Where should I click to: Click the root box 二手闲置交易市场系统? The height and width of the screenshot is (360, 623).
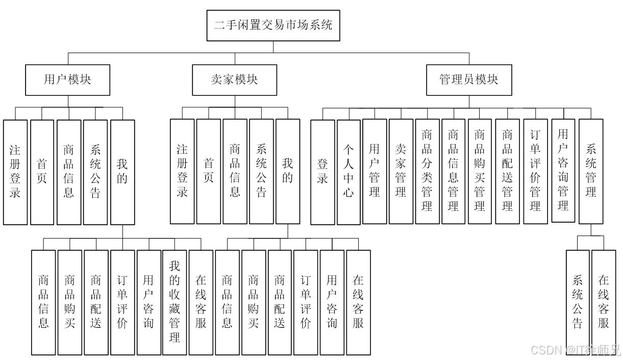273,26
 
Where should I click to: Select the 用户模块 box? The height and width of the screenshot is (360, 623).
67,80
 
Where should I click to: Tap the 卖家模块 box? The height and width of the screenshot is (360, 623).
234,80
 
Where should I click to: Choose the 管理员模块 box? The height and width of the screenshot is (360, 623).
469,80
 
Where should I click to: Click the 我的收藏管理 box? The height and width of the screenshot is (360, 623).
175,302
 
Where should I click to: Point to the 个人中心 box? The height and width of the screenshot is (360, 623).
348,172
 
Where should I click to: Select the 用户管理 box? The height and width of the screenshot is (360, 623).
375,172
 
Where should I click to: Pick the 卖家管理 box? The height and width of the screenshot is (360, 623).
401,172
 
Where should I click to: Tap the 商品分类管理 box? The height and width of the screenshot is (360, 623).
427,172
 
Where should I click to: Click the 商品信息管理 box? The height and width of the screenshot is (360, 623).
454,172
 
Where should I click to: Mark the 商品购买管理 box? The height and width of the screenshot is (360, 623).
480,172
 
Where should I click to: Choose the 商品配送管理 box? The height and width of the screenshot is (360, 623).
507,172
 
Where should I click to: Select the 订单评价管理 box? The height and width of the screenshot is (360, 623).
535,172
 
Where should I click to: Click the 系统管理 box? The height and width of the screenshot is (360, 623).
591,172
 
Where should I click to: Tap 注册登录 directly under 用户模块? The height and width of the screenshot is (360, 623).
15,172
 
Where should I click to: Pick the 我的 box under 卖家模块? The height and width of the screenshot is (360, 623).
288,172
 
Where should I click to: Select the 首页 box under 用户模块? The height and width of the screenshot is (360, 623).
42,172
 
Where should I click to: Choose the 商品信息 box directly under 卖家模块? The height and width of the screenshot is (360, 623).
235,172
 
